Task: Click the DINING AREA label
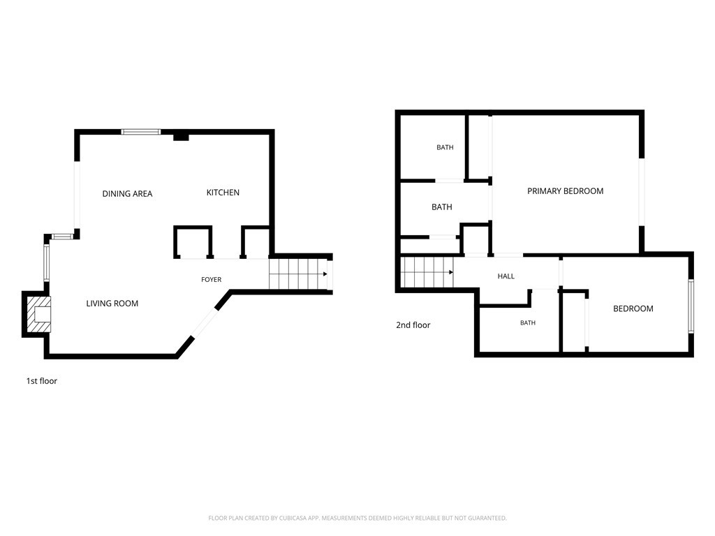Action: coord(127,194)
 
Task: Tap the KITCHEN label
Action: coord(223,193)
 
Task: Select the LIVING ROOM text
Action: coord(112,304)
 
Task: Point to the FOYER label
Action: coord(211,279)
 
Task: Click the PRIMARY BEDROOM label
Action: coord(566,191)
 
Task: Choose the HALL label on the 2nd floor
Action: coord(506,276)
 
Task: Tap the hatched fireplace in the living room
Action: coord(38,315)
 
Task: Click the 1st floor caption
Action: coord(41,381)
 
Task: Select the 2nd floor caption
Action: coord(413,325)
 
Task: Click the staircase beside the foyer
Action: coord(298,274)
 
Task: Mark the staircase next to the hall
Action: coord(427,272)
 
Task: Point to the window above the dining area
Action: coord(141,132)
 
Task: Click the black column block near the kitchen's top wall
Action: coord(181,136)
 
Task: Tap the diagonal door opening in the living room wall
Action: coord(205,324)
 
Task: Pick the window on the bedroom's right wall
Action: coord(691,306)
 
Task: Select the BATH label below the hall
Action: coord(528,322)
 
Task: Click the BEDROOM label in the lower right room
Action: coord(633,308)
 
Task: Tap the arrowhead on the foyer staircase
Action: coord(325,274)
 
